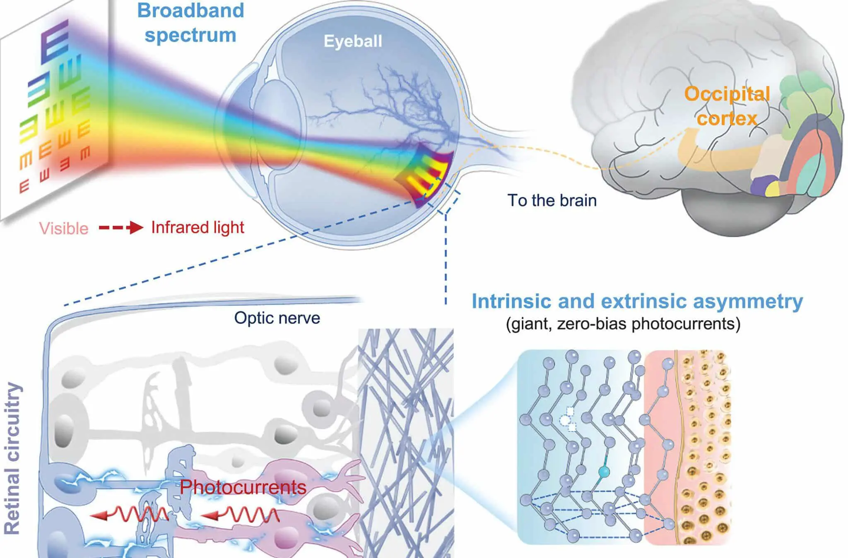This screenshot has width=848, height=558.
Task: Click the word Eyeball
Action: pyautogui.click(x=353, y=41)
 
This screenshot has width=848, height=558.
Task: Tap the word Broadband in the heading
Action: pyautogui.click(x=190, y=10)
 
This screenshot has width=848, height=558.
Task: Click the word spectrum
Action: pyautogui.click(x=190, y=35)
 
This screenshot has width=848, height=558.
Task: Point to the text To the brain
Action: pyautogui.click(x=552, y=201)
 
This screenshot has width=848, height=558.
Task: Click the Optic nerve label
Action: pyautogui.click(x=277, y=318)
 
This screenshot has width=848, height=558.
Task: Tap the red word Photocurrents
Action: pyautogui.click(x=243, y=487)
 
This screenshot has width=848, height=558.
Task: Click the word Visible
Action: pyautogui.click(x=64, y=228)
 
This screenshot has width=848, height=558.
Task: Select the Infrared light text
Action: pyautogui.click(x=198, y=228)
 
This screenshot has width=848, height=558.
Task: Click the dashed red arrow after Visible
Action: pyautogui.click(x=121, y=228)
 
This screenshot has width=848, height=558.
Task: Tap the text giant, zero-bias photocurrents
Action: pyautogui.click(x=623, y=323)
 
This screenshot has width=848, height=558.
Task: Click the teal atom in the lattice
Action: pyautogui.click(x=604, y=471)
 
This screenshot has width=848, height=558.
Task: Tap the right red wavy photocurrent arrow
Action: pyautogui.click(x=240, y=514)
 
